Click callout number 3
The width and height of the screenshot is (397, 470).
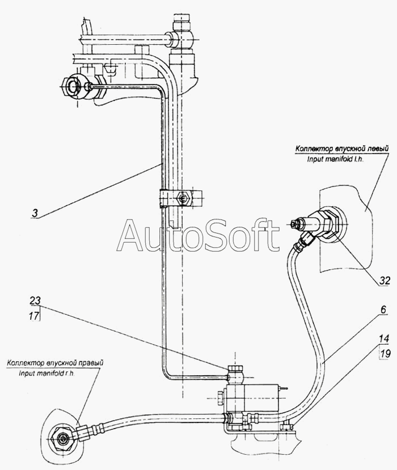(35, 213)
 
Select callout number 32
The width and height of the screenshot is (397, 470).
(385, 281)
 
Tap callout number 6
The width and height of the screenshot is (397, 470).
(384, 310)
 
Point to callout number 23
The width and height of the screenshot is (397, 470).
(35, 300)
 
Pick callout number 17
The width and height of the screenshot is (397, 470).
(34, 316)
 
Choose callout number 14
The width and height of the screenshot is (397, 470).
(384, 338)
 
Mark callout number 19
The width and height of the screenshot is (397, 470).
(385, 353)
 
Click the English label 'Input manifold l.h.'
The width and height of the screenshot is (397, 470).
(335, 159)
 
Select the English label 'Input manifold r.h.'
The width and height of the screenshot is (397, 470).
(47, 374)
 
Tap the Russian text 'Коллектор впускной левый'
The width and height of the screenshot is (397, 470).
(342, 149)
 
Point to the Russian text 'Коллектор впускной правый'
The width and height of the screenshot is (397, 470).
(55, 363)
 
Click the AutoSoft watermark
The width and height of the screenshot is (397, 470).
(198, 235)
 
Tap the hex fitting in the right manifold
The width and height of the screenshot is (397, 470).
(62, 440)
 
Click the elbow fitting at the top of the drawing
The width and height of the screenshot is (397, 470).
(181, 35)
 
